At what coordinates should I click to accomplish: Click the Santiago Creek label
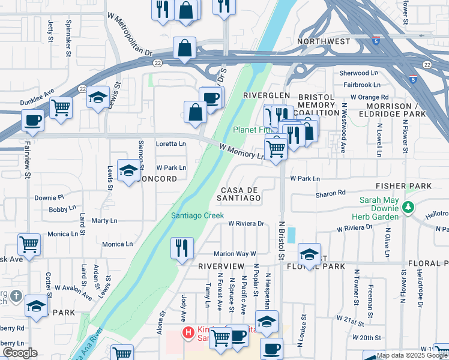pos(197,216)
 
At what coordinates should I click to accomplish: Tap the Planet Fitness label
pos(253,130)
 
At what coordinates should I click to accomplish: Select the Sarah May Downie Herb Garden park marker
pos(409,207)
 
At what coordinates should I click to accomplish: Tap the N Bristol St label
pos(280,239)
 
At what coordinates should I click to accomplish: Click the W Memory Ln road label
pos(243,151)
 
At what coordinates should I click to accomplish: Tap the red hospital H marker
pos(188,332)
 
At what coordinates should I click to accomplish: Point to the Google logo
pos(20,353)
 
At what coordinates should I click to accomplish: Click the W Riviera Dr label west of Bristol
pos(246,223)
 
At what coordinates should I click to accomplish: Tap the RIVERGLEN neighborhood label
pos(267,95)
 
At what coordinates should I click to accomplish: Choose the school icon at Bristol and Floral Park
pos(309,254)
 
